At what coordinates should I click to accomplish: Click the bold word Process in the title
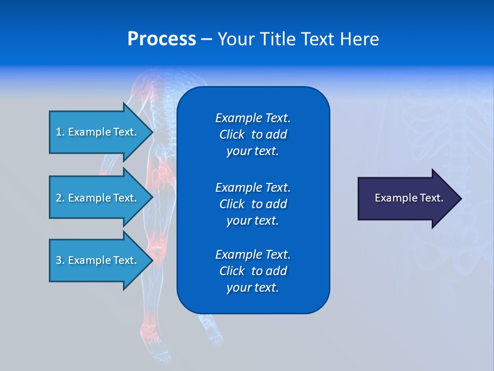pos(162,39)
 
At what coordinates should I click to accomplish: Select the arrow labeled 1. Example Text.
pos(98,132)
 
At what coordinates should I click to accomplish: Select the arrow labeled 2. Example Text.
pos(98,198)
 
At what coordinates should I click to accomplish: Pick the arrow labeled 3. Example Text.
pos(98,260)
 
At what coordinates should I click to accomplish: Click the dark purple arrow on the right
pos(407,198)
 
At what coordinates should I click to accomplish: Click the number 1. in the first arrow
pos(60,132)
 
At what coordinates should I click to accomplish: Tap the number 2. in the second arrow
pos(60,198)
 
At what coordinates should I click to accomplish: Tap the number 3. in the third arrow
pos(60,260)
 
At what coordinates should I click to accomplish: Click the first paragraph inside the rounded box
pos(253,134)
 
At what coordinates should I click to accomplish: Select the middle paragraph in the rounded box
pos(253,204)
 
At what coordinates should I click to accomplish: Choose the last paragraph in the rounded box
pos(253,271)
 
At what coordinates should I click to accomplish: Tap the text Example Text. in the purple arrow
pos(409,198)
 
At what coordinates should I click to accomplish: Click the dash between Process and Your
pos(206,39)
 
